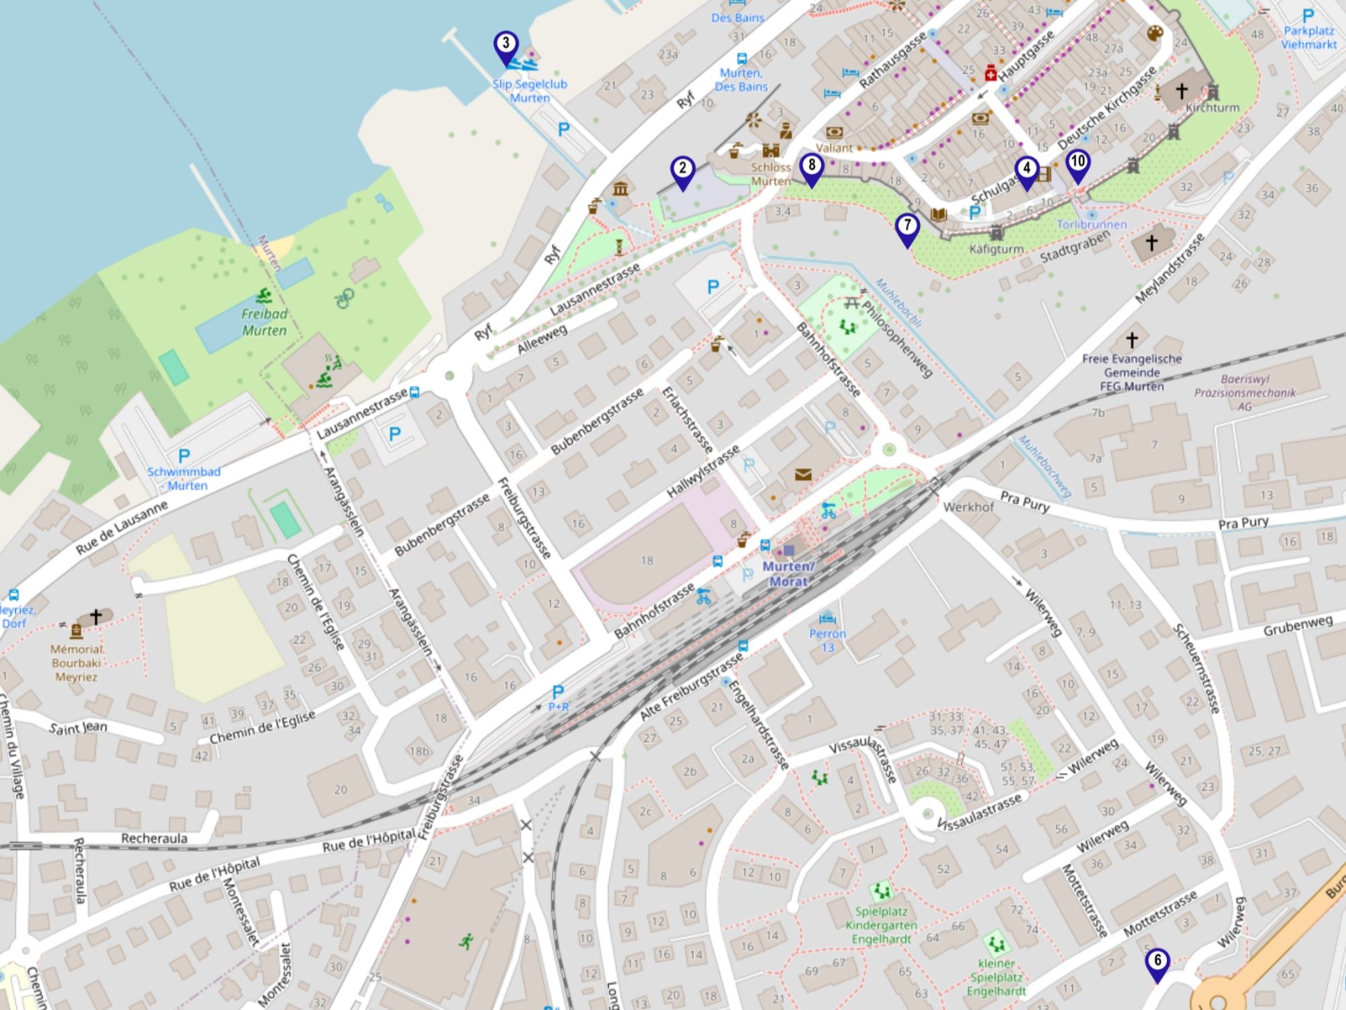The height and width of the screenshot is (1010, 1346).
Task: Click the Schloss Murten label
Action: pos(771,174)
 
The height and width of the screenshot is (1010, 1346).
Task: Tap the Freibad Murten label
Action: pos(264,322)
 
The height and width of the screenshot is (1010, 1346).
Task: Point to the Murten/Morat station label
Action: pos(788,574)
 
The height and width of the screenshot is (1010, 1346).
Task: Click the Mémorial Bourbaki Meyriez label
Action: pos(77,663)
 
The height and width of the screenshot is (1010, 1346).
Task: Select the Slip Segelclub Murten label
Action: pos(530,91)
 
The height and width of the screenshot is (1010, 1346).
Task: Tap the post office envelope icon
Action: pos(803,475)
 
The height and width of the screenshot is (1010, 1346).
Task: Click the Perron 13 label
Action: pos(828,640)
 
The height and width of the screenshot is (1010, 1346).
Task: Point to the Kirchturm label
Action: pos(1212,108)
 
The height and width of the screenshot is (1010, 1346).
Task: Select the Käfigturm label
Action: pos(996,249)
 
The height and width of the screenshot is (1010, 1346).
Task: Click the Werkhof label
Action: pos(968,507)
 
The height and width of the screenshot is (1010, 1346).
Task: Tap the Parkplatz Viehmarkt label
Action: pos(1308,38)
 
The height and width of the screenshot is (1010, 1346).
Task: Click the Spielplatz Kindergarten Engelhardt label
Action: pos(881,925)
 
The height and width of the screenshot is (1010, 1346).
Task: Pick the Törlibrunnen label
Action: pos(1091,224)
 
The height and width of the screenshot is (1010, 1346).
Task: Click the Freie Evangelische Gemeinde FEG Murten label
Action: pos(1132,372)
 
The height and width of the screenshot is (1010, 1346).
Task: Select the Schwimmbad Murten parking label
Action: pos(184,478)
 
